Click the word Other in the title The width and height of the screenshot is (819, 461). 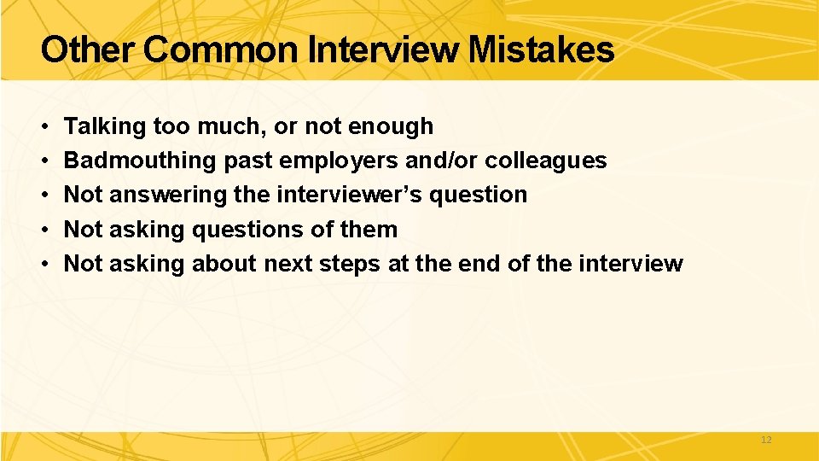coord(88,50)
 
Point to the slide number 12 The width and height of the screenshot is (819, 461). coord(765,440)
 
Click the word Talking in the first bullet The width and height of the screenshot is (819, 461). coord(105,126)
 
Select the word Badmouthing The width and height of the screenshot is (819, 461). coord(141,160)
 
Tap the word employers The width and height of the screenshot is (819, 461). coord(334,160)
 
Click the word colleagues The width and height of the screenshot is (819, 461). coord(546,160)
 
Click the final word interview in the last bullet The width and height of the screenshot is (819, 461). coord(630,263)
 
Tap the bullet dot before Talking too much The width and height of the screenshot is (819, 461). coord(44,127)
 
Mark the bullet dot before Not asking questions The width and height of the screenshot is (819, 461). coord(44,230)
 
